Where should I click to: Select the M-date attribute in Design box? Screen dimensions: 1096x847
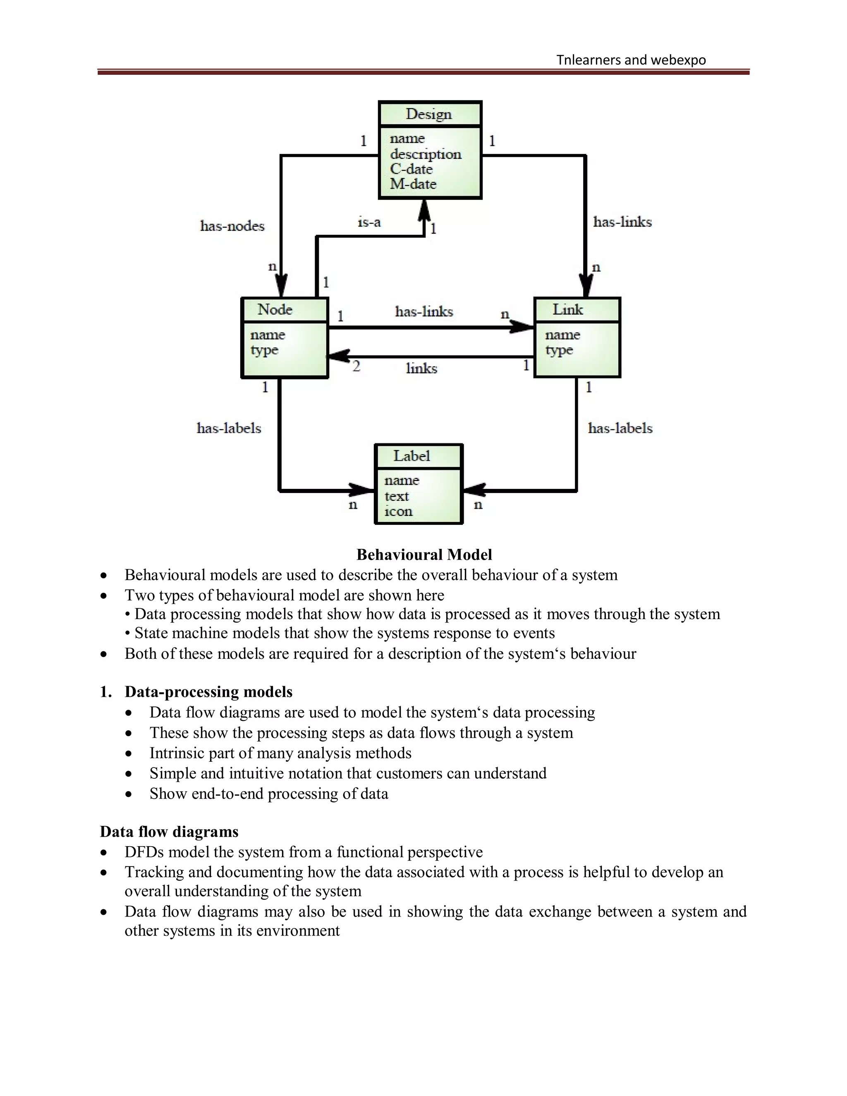tap(413, 184)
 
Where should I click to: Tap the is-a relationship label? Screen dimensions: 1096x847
tap(369, 222)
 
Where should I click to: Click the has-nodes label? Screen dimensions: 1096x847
tap(232, 226)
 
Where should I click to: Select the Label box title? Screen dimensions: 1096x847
tap(412, 456)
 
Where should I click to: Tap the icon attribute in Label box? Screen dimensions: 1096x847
tap(398, 511)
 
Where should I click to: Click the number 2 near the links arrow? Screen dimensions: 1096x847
tap(356, 366)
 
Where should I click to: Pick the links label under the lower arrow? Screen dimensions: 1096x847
tap(421, 369)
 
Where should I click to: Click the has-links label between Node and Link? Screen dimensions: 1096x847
tap(424, 312)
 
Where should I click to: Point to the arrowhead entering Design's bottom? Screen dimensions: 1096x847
tap(424, 210)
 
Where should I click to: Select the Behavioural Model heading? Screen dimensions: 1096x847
tap(424, 555)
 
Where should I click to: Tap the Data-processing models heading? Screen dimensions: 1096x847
tap(208, 692)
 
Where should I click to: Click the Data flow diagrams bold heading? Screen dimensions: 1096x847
tap(169, 832)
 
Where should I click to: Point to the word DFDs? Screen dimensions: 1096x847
tap(144, 852)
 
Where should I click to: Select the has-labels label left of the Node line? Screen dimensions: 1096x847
tap(229, 428)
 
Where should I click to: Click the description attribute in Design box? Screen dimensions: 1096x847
tap(426, 154)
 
